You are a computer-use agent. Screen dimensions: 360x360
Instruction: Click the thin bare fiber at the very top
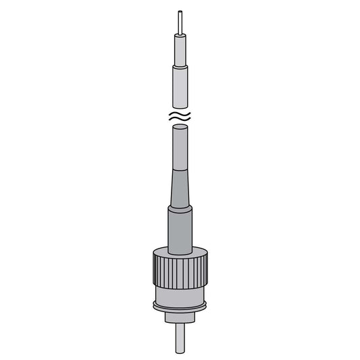(x=180, y=22)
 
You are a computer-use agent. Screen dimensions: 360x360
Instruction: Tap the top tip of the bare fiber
(x=180, y=11)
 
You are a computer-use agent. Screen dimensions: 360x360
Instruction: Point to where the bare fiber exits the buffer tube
(x=180, y=33)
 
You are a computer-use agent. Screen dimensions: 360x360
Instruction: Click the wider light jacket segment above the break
(x=180, y=88)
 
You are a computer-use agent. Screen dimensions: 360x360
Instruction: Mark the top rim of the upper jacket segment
(x=180, y=68)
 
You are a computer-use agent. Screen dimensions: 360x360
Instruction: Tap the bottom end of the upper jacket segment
(x=180, y=108)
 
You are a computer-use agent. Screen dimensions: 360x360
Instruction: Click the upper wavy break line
(x=180, y=115)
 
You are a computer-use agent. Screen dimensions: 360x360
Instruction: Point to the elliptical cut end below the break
(x=180, y=130)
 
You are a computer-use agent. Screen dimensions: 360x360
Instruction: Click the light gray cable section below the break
(x=180, y=149)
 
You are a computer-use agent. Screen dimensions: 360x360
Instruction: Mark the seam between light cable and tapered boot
(x=180, y=170)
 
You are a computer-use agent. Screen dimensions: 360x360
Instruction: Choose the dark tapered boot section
(x=180, y=189)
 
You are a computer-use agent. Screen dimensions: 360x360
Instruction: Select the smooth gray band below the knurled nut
(x=180, y=294)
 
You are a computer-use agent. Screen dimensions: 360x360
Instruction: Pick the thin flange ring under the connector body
(x=180, y=309)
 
